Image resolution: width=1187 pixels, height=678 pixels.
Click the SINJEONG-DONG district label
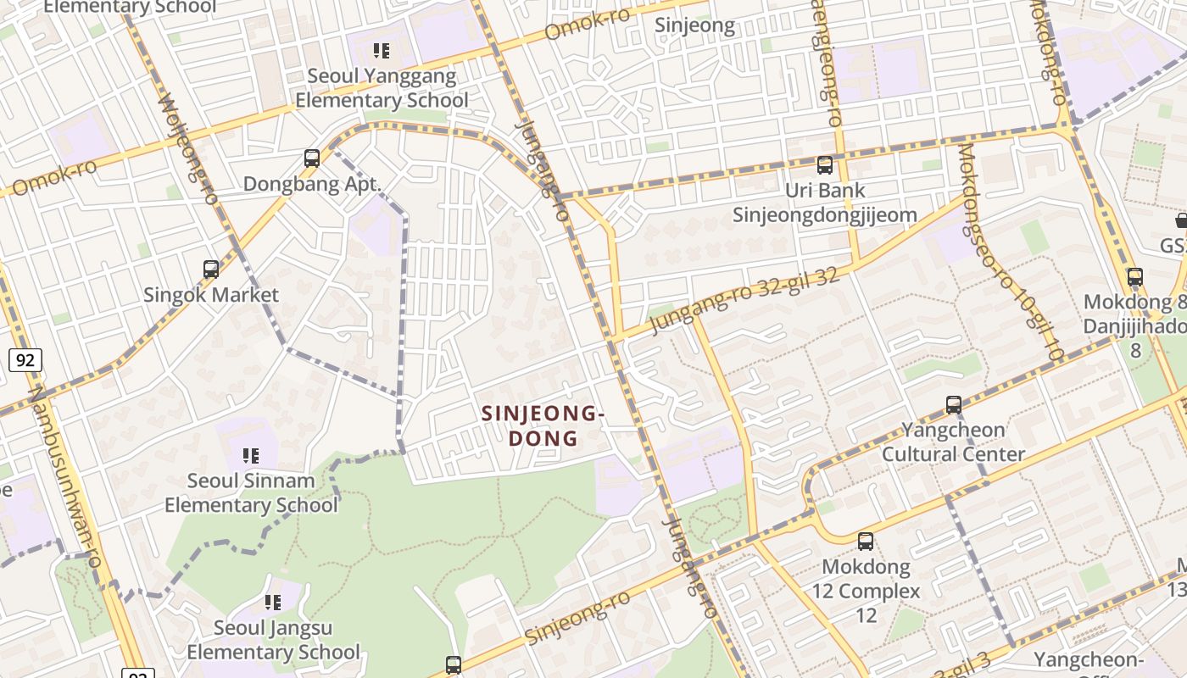(543, 425)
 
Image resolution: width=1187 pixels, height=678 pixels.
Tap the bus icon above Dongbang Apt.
(312, 158)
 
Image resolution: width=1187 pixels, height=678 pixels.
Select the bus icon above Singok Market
(211, 270)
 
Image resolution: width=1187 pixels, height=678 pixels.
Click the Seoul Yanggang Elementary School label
(382, 88)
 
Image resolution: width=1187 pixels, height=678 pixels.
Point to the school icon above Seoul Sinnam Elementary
(250, 456)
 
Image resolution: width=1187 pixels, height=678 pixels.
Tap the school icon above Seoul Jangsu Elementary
(273, 603)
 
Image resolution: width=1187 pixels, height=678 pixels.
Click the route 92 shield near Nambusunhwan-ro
(25, 360)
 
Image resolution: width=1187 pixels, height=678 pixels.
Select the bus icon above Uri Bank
(825, 165)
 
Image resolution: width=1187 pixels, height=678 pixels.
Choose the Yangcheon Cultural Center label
(954, 442)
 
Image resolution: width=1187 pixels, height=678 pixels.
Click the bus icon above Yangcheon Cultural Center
(954, 405)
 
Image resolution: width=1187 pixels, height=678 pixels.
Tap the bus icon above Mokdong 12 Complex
(866, 541)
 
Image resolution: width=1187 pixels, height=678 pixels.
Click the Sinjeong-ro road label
(577, 617)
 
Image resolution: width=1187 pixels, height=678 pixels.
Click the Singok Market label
(211, 295)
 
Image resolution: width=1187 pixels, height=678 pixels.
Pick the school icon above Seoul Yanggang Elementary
(382, 51)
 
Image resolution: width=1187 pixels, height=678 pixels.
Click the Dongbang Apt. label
(312, 184)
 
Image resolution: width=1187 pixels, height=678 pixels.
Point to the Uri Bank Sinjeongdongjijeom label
(825, 203)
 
